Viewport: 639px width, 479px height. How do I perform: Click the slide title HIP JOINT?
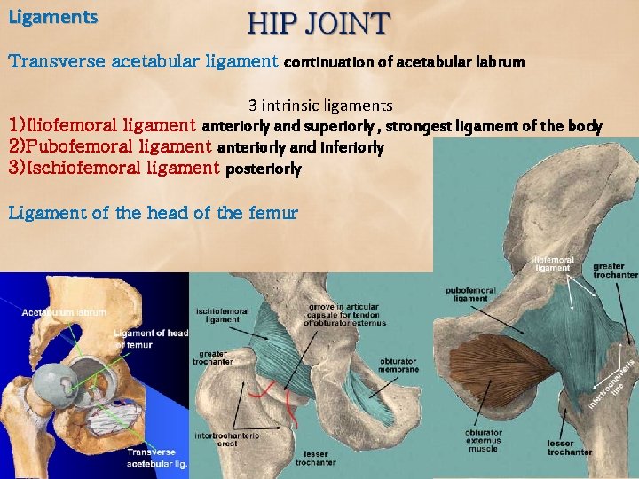318,22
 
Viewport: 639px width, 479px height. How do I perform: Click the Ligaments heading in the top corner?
52,16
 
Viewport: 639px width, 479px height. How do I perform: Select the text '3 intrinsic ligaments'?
320,106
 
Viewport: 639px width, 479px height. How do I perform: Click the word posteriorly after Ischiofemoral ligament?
264,168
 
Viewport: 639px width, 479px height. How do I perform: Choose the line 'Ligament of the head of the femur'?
153,213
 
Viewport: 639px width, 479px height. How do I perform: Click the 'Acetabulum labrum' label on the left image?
64,312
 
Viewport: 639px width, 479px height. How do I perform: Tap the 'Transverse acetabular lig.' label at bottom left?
157,457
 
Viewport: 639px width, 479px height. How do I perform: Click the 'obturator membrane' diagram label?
398,365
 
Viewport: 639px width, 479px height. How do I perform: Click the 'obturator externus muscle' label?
483,440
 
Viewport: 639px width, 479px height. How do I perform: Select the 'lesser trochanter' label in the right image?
569,447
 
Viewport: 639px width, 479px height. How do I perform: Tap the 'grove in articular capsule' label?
341,315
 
